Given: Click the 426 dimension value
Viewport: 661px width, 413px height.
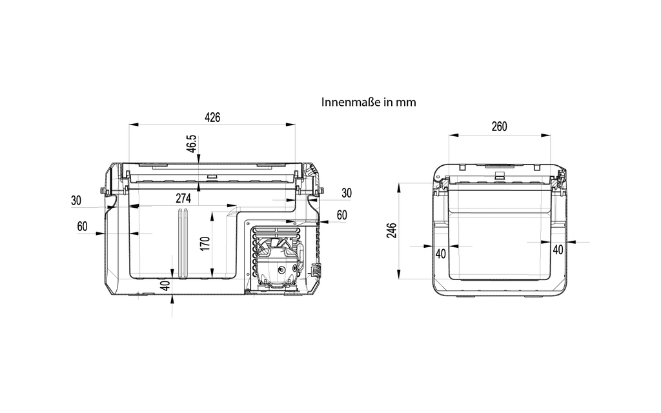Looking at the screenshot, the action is [212, 117].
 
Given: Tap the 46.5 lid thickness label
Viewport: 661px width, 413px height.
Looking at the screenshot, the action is [192, 144].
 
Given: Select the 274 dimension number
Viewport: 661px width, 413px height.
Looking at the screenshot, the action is [183, 198].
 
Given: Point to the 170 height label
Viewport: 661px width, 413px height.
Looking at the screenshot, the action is [205, 243].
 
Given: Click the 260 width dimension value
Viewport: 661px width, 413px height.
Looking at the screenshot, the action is [499, 126].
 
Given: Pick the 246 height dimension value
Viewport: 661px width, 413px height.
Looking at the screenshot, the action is [392, 230].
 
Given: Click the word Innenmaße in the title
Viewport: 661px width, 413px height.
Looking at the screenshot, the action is [351, 102].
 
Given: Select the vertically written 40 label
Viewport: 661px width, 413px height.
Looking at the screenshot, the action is [166, 286].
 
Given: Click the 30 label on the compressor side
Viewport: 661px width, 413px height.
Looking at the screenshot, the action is [347, 193].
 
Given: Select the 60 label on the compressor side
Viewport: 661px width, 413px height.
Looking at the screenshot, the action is [342, 215].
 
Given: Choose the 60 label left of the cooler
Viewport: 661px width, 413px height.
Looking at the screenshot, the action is [82, 227].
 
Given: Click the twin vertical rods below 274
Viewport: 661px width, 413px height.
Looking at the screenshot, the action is [183, 243].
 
